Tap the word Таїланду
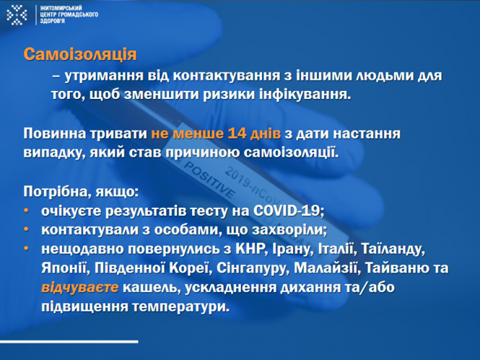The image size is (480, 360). (x=393, y=250)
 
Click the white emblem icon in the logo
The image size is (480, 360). (x=17, y=13)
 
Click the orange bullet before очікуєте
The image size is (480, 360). (x=27, y=211)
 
